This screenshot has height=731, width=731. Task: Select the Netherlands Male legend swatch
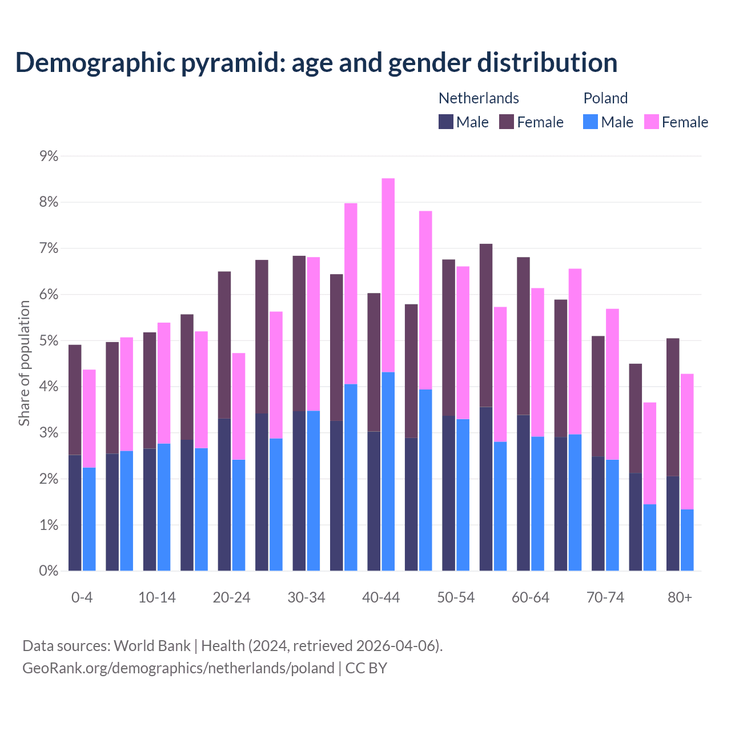pyautogui.click(x=446, y=122)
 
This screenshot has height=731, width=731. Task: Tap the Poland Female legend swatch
pyautogui.click(x=651, y=122)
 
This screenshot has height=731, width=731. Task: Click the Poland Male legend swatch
pyautogui.click(x=591, y=122)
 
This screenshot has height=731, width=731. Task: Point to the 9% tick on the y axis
pyautogui.click(x=49, y=156)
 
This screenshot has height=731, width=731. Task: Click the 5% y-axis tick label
pyautogui.click(x=49, y=341)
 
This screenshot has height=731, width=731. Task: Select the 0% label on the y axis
pyautogui.click(x=49, y=571)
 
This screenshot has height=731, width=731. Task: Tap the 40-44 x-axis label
pyautogui.click(x=381, y=597)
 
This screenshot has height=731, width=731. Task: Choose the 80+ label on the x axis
pyautogui.click(x=680, y=597)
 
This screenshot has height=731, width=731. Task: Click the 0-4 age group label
pyautogui.click(x=82, y=597)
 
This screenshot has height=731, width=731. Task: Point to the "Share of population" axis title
pyautogui.click(x=24, y=363)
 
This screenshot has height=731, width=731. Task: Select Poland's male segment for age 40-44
pyautogui.click(x=388, y=471)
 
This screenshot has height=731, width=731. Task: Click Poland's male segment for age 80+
pyautogui.click(x=687, y=540)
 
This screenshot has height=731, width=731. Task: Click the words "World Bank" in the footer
pyautogui.click(x=152, y=646)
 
